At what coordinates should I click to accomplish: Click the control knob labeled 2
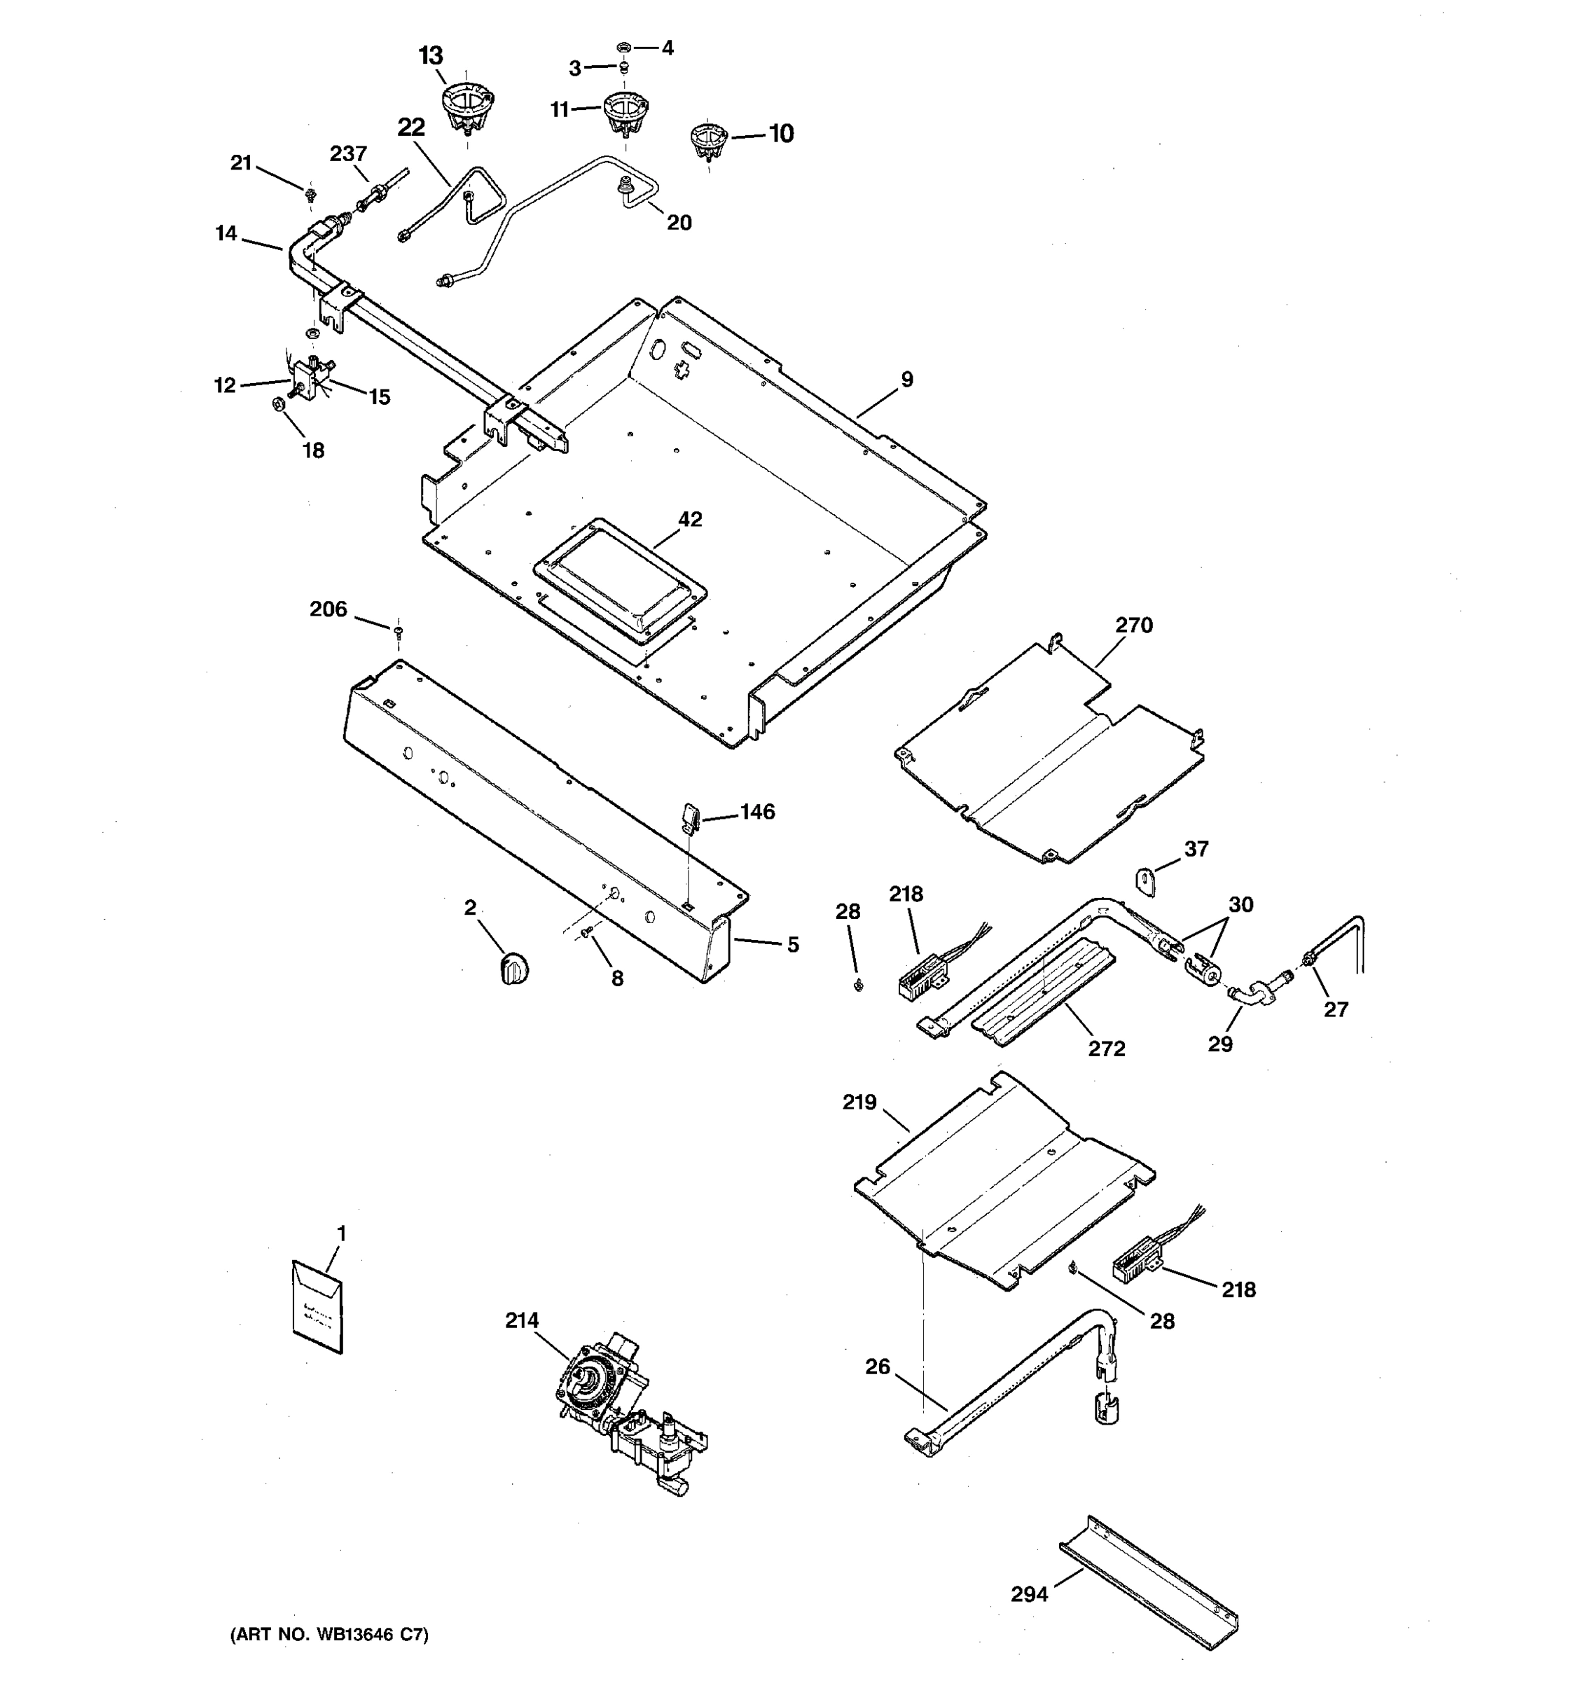(513, 967)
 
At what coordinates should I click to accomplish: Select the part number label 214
(522, 1320)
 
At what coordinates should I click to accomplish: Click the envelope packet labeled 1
(318, 1307)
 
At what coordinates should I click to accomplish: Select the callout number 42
(690, 519)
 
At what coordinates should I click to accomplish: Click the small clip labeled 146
(689, 817)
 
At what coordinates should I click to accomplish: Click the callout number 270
(1133, 625)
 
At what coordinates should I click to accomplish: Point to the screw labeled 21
(310, 195)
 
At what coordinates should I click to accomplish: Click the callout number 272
(1106, 1049)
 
